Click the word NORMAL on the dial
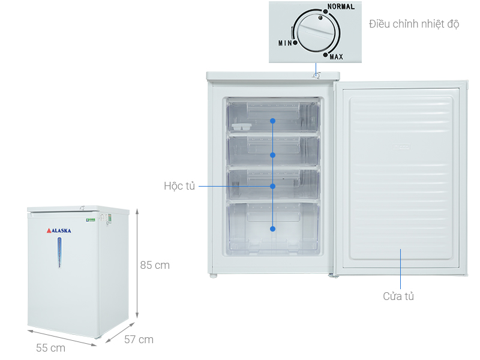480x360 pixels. (341, 7)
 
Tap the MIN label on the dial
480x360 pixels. (284, 43)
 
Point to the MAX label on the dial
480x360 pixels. (336, 57)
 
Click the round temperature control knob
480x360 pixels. (313, 34)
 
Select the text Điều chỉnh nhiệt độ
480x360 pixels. (413, 24)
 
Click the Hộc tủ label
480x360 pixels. (180, 186)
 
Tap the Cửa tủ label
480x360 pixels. (398, 296)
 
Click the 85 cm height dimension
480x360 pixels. (155, 265)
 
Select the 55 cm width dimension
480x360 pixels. (50, 347)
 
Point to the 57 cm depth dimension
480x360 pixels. (139, 340)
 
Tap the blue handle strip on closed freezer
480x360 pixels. (59, 251)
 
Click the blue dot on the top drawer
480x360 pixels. (272, 121)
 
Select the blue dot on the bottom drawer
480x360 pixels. (272, 229)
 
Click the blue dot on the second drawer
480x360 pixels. (272, 155)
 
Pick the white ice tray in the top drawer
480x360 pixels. (241, 127)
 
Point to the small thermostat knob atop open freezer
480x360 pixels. (316, 75)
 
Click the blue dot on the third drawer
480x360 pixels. (272, 186)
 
